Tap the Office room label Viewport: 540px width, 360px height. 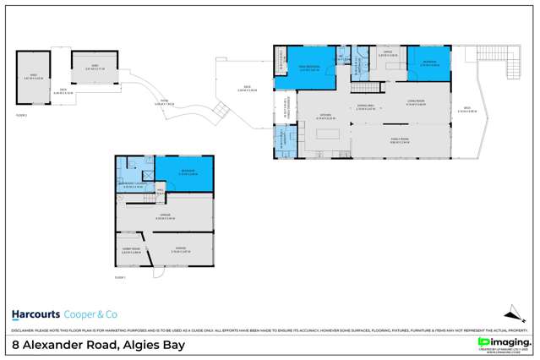[387, 54]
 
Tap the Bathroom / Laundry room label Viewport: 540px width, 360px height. [135, 185]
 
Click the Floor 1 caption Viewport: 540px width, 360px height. [119, 277]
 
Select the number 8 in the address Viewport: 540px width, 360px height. [15, 345]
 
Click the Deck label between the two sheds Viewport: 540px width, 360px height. [62, 89]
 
